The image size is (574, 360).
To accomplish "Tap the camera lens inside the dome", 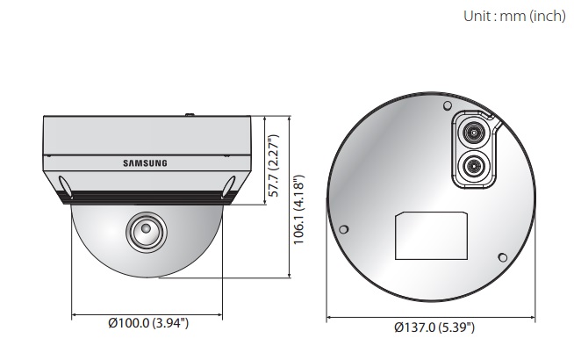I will [x=143, y=232].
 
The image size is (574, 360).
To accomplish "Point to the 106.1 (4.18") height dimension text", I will [x=298, y=211].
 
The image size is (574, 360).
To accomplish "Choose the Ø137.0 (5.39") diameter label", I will [x=434, y=328].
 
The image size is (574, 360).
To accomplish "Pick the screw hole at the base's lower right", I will [x=502, y=257].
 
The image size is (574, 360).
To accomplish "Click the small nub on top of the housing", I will [x=188, y=113].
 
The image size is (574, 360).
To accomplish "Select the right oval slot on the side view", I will [x=227, y=186].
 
